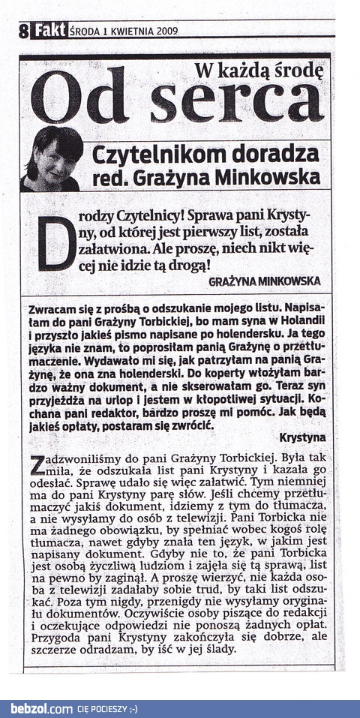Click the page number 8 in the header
[x=24, y=32]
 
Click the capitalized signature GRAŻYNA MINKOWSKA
[x=266, y=281]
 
